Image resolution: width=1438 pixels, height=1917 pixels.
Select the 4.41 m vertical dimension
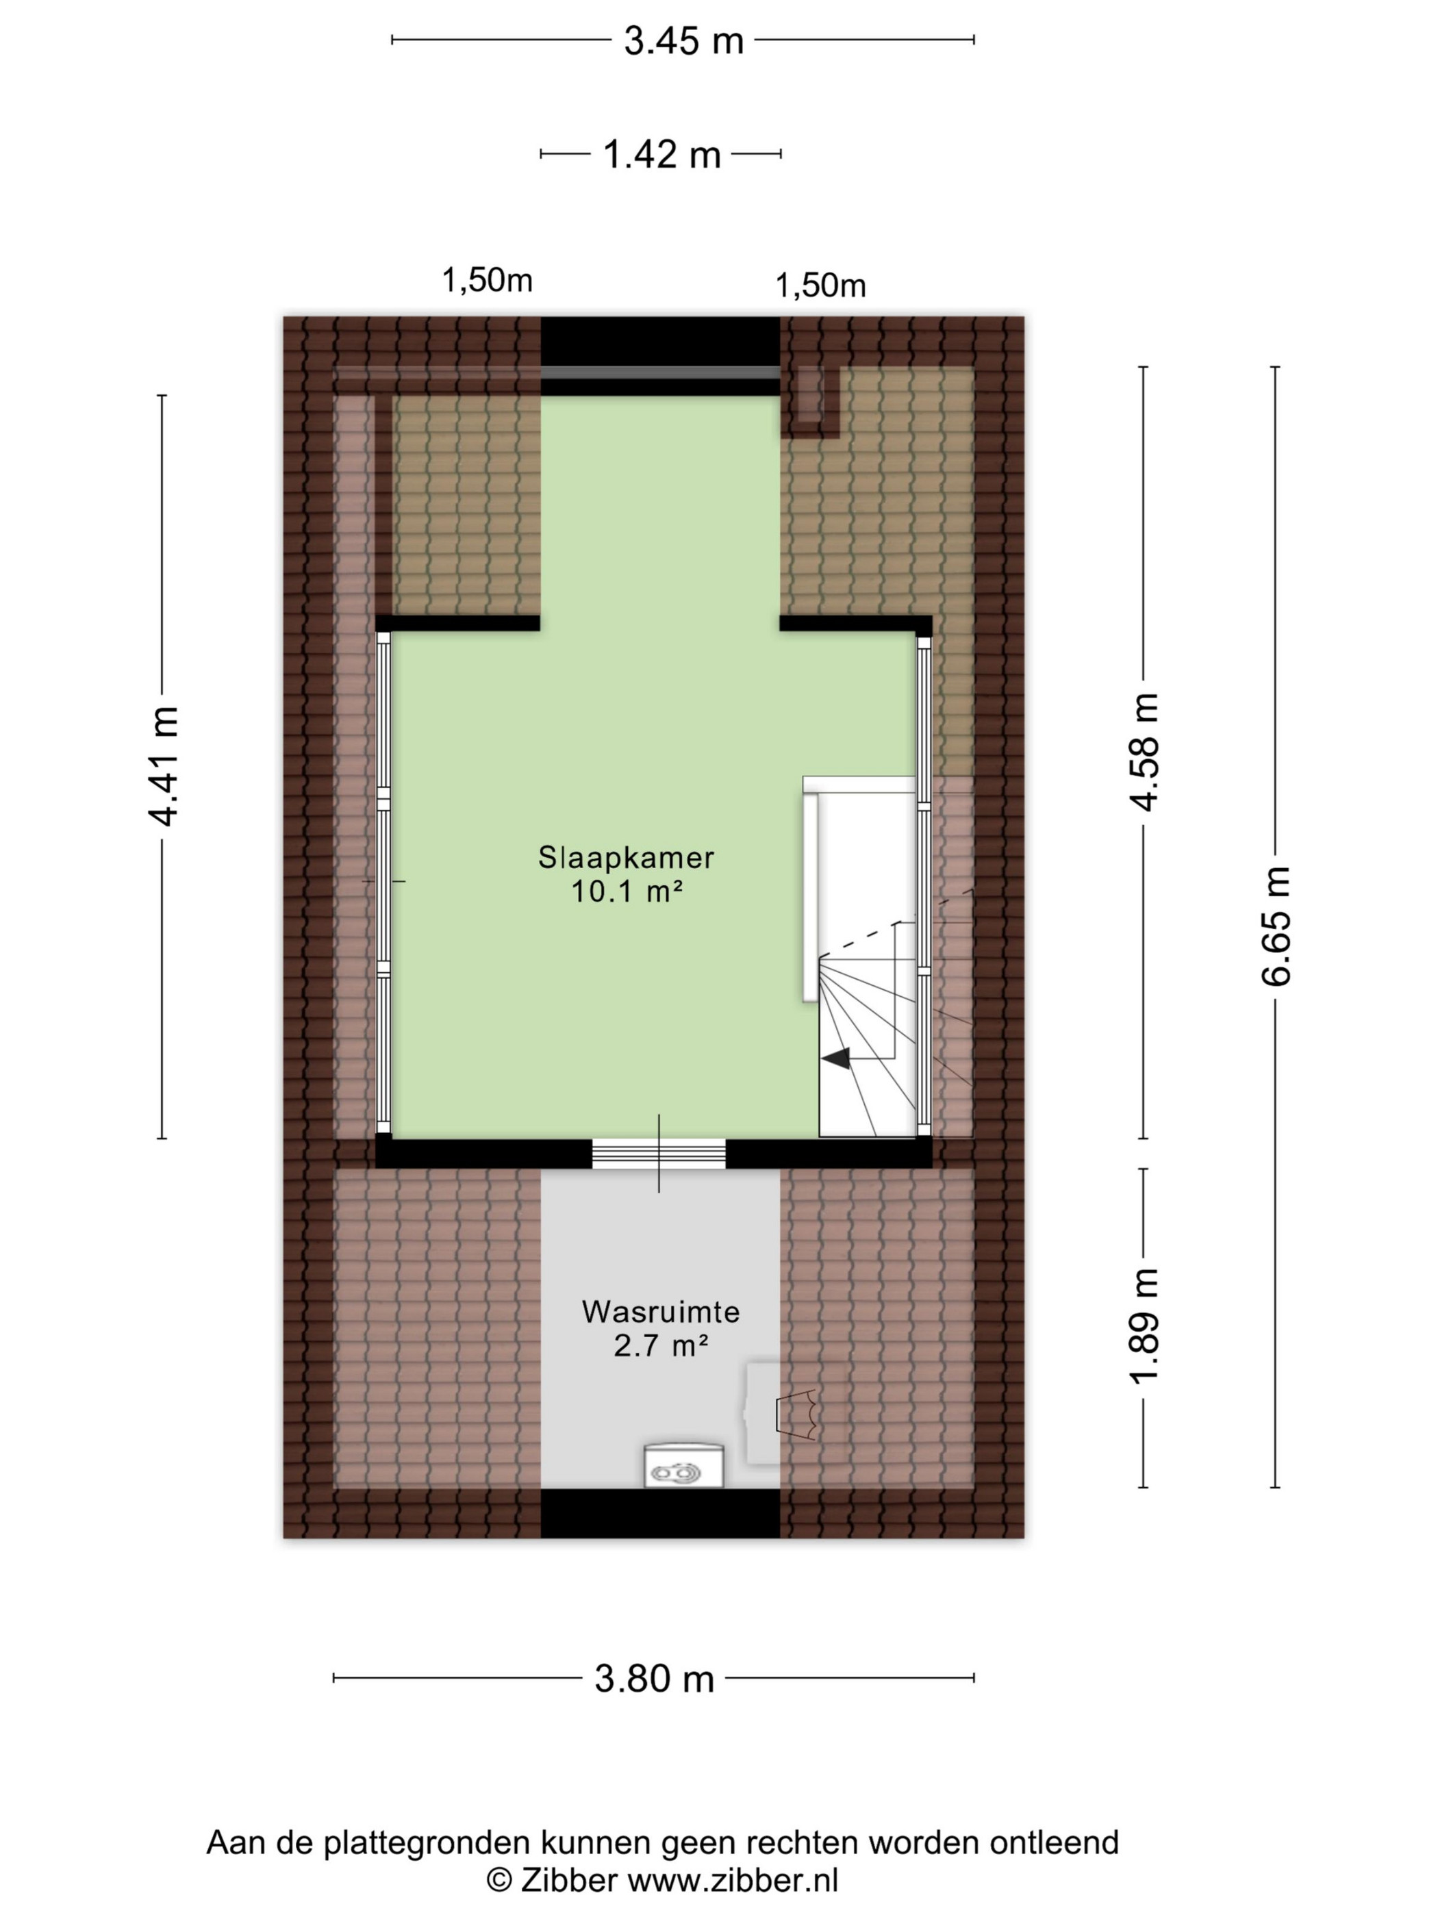coord(162,765)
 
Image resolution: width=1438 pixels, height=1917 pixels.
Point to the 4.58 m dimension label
coord(1144,752)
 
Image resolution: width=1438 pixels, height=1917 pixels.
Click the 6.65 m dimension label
coord(1276,926)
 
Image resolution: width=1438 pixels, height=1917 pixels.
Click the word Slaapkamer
coord(626,858)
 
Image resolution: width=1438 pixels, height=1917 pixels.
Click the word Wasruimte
coord(661,1312)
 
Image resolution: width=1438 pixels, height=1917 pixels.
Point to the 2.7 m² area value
coord(661,1346)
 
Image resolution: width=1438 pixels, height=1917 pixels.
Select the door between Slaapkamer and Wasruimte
coord(659,1154)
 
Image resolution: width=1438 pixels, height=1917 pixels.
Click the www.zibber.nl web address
coord(733,1881)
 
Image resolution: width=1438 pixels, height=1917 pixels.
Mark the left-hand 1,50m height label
coord(487,280)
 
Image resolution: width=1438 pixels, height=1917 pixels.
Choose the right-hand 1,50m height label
coord(820,285)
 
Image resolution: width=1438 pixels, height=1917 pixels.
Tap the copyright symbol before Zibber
coord(499,1881)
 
